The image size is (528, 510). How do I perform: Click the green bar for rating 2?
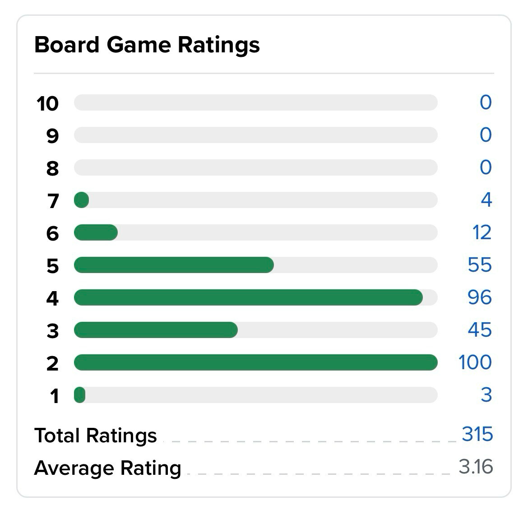(255, 362)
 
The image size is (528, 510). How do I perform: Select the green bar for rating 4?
(248, 297)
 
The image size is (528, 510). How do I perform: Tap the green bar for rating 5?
(174, 265)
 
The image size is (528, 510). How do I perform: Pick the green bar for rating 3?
(156, 330)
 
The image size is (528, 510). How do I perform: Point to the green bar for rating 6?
(96, 232)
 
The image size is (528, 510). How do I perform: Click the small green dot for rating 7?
(82, 200)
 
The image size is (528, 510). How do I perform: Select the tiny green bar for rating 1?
(80, 395)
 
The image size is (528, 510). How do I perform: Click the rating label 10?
(47, 103)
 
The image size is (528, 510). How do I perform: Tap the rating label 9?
(52, 136)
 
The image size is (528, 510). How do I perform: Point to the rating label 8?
(52, 168)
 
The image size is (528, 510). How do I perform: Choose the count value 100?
(475, 362)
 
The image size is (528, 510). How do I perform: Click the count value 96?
(480, 297)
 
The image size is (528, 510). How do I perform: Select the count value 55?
(480, 264)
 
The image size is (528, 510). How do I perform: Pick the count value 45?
(480, 329)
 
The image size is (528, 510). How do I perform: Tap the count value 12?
(482, 232)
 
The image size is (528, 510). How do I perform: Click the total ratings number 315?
(477, 434)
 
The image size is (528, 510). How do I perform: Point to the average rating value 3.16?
(476, 467)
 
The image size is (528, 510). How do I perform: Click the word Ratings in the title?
(219, 46)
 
